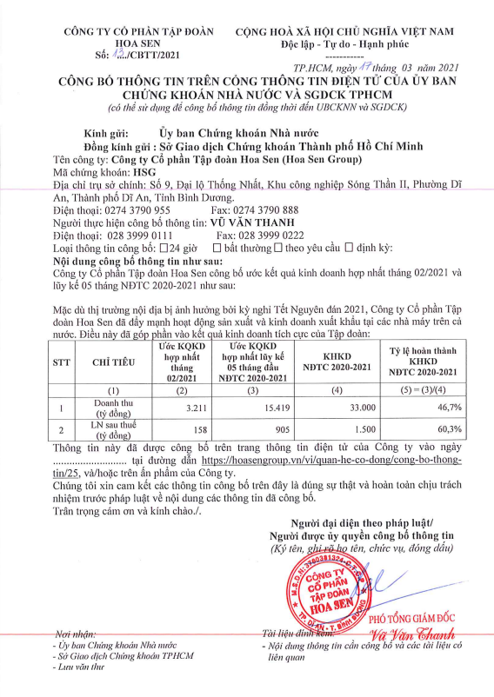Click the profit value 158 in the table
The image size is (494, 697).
192,429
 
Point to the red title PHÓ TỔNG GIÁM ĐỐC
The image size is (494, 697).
413,618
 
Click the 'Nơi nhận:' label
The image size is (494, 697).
76,634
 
